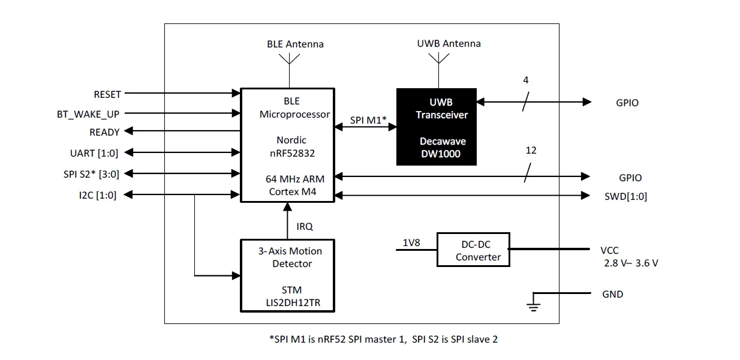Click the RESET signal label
(x=107, y=95)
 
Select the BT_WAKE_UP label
(x=88, y=115)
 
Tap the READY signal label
(x=104, y=132)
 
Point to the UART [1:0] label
(x=94, y=154)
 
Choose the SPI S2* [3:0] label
(x=91, y=174)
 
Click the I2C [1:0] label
(x=98, y=196)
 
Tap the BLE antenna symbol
(x=289, y=60)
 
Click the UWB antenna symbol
(x=439, y=59)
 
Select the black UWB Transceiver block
(x=437, y=127)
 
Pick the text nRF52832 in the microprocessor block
(x=293, y=154)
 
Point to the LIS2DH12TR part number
(x=293, y=303)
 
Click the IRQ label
(x=305, y=226)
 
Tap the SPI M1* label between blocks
(x=368, y=120)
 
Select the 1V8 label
(x=411, y=242)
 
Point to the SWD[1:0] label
(x=625, y=197)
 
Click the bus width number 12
(x=531, y=151)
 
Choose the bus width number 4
(x=525, y=80)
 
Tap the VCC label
(x=609, y=251)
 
